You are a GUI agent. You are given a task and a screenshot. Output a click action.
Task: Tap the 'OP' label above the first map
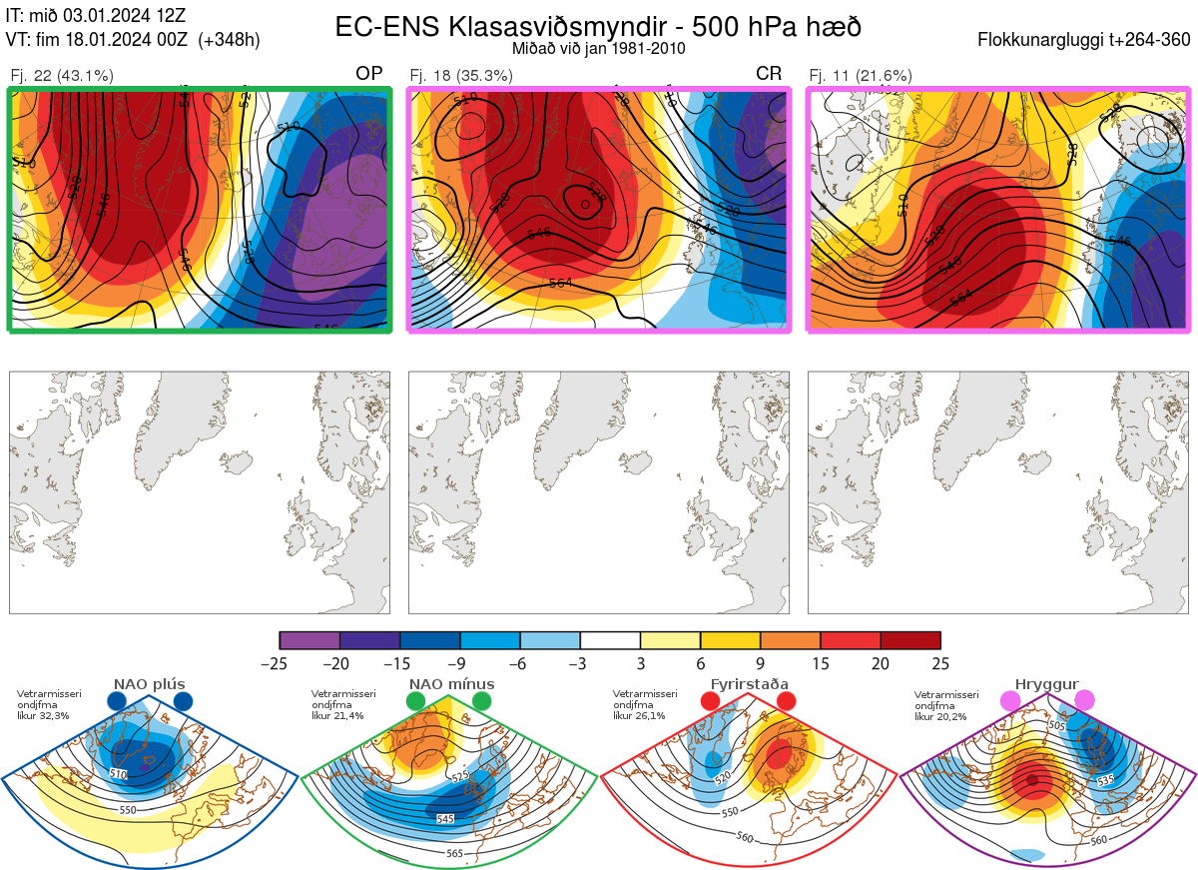pyautogui.click(x=369, y=74)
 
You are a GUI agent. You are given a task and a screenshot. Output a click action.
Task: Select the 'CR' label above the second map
pyautogui.click(x=769, y=74)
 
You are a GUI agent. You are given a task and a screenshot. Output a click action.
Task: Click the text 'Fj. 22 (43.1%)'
pyautogui.click(x=62, y=75)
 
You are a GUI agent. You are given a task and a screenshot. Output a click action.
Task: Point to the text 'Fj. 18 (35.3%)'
pyautogui.click(x=461, y=75)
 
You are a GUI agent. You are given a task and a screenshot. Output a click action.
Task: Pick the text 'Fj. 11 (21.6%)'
pyautogui.click(x=861, y=75)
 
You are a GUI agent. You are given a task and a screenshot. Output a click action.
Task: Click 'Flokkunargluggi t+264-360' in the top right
pyautogui.click(x=1086, y=40)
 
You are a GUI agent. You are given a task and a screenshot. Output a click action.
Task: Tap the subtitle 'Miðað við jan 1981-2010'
pyautogui.click(x=598, y=48)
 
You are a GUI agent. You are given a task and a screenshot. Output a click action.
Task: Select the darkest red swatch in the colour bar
pyautogui.click(x=910, y=640)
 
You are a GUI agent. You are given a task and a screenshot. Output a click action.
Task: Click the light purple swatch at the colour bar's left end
pyautogui.click(x=309, y=640)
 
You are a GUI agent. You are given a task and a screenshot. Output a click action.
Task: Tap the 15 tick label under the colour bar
pyautogui.click(x=821, y=663)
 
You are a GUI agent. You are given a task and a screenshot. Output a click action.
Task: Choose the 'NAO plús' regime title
pyautogui.click(x=149, y=684)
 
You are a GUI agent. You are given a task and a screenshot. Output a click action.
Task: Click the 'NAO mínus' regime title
pyautogui.click(x=450, y=684)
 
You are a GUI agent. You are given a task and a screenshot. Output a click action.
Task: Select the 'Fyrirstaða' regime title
pyautogui.click(x=748, y=684)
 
